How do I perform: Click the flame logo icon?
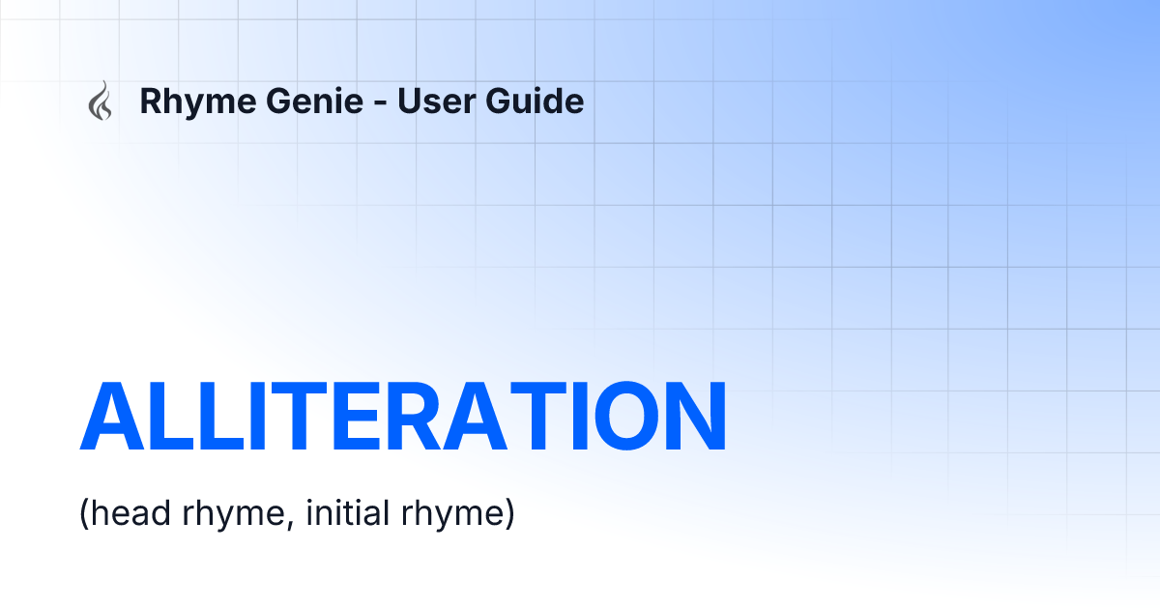click(100, 101)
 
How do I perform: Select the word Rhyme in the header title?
click(188, 101)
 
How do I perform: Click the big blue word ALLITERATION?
click(402, 417)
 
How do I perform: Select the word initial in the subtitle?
click(346, 513)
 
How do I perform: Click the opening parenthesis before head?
click(83, 514)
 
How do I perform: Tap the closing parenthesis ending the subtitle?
click(508, 514)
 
